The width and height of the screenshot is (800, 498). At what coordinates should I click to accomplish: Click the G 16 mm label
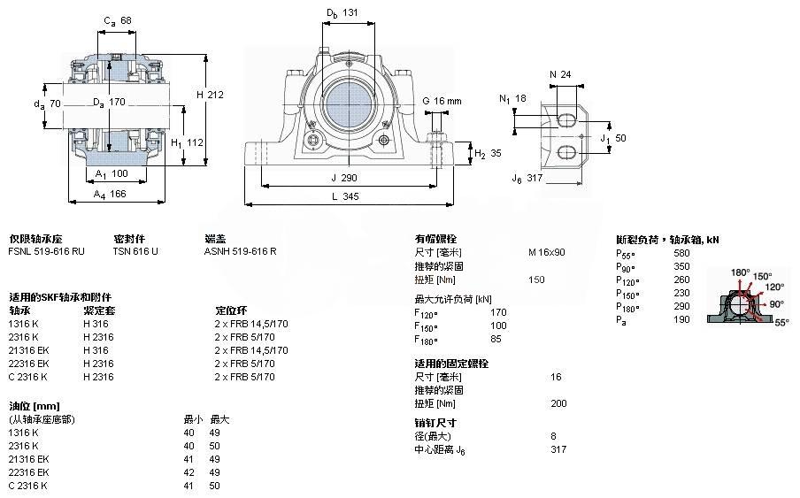[x=442, y=102]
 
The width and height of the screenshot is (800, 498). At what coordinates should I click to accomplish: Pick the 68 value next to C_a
[x=126, y=21]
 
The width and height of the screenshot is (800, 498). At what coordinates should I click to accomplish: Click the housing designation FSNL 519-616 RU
[x=47, y=251]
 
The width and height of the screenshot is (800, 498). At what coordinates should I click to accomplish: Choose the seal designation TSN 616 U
[x=135, y=251]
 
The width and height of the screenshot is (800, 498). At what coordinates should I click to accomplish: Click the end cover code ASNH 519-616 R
[x=240, y=251]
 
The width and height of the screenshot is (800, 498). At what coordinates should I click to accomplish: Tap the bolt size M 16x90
[x=546, y=251]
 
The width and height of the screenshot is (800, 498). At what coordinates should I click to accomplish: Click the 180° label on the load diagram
[x=740, y=272]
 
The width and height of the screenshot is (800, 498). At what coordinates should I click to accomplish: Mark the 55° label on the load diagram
[x=782, y=324]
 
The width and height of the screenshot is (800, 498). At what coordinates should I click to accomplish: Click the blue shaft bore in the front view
[x=348, y=104]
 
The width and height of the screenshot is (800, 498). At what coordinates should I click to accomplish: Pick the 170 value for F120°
[x=498, y=311]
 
